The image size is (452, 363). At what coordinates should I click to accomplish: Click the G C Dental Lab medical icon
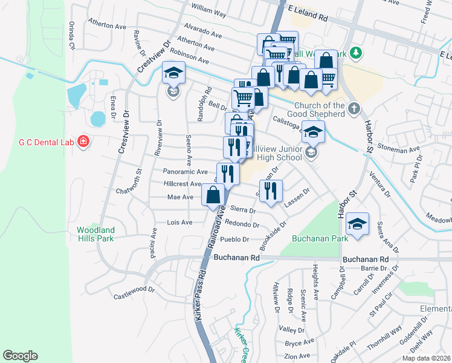tap(83, 142)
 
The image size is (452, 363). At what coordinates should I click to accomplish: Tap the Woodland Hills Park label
tap(95, 234)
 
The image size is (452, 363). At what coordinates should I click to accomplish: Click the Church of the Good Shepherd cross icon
tap(354, 110)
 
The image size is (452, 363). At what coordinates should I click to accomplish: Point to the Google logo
tap(20, 356)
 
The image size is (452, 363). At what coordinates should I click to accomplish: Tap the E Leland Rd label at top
tap(308, 14)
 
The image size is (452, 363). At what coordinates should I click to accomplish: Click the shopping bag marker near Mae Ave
tap(213, 195)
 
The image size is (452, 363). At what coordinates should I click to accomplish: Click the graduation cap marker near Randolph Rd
tap(173, 74)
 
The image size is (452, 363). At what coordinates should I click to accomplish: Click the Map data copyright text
tap(426, 358)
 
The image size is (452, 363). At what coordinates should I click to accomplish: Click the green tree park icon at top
tap(357, 53)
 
